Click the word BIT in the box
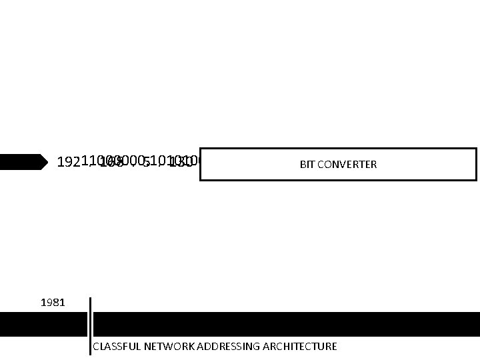click(307, 165)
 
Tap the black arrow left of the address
click(23, 162)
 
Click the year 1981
click(53, 303)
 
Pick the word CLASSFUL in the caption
click(117, 347)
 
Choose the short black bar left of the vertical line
click(43, 324)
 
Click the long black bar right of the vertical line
click(287, 324)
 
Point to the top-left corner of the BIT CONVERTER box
click(200, 149)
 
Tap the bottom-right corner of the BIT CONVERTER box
click(476, 180)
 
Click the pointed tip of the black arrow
click(48, 162)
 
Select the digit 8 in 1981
click(57, 303)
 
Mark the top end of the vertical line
click(90, 298)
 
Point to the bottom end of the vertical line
click(90, 354)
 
